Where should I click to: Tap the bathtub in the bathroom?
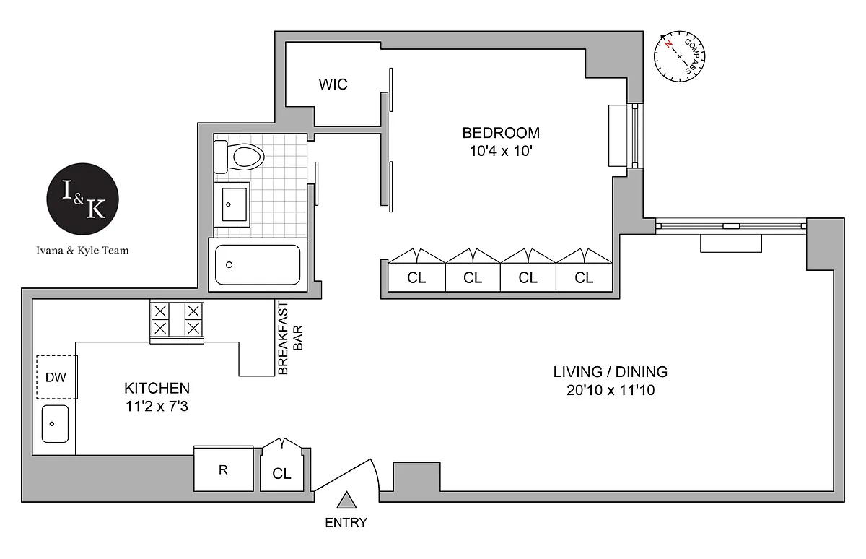click(x=258, y=265)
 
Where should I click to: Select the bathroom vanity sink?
click(x=232, y=204)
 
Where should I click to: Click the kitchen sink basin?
click(x=55, y=424)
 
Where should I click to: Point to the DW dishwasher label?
click(x=56, y=377)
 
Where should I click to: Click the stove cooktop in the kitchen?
click(x=177, y=322)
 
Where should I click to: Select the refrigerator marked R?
click(x=224, y=469)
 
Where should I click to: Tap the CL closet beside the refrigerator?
click(x=282, y=469)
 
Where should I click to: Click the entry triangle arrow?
click(x=346, y=500)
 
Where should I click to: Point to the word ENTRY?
click(x=346, y=523)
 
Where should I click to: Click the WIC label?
click(x=333, y=84)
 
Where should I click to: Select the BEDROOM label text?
click(x=501, y=133)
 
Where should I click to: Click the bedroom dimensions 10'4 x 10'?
click(x=501, y=151)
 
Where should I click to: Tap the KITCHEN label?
click(x=157, y=388)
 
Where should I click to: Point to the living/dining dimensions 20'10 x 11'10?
click(x=611, y=390)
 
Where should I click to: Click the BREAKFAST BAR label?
click(x=290, y=339)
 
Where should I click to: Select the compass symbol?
click(x=679, y=56)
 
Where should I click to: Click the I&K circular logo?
click(x=82, y=199)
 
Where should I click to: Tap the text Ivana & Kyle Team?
click(x=82, y=251)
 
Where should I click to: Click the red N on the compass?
click(x=668, y=44)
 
